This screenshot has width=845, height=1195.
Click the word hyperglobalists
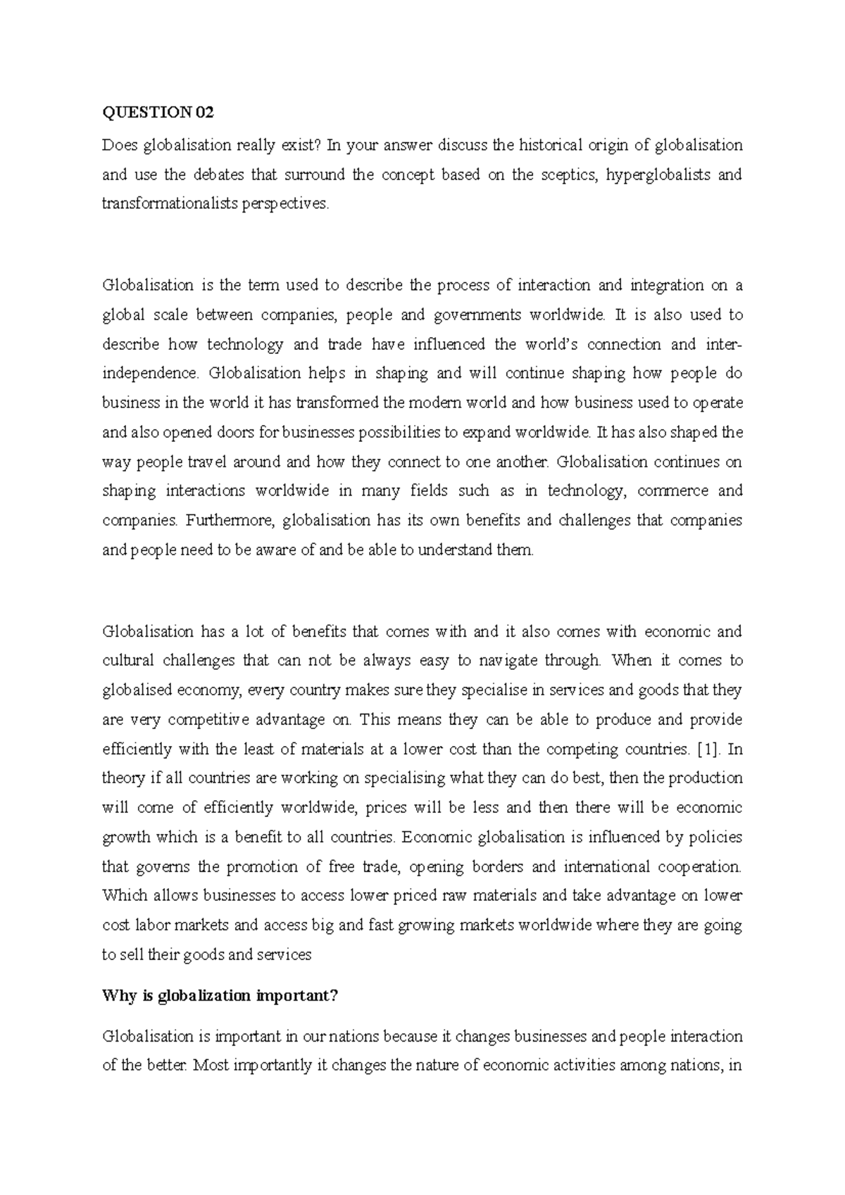tap(658, 175)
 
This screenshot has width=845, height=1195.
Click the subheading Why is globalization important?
tap(220, 996)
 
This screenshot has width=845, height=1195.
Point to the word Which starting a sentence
tap(123, 896)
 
